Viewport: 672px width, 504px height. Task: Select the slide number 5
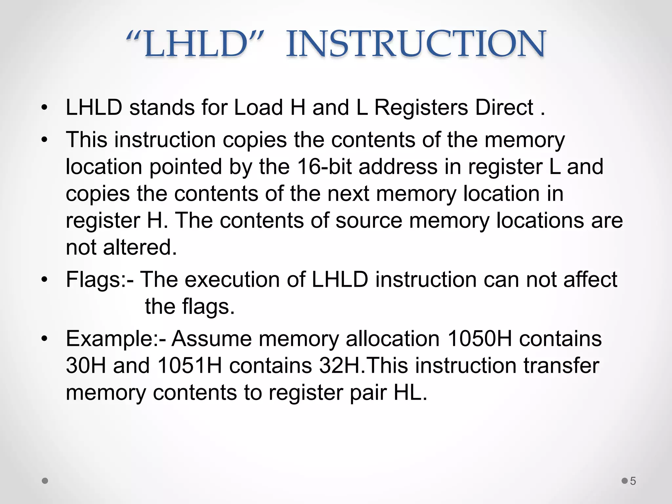pos(633,481)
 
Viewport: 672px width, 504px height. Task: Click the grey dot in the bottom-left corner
pos(45,481)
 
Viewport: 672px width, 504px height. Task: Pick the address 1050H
pos(479,339)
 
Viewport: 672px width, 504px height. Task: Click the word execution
pos(232,280)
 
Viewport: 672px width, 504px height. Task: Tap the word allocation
pos(392,339)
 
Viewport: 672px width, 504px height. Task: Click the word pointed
pos(186,167)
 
